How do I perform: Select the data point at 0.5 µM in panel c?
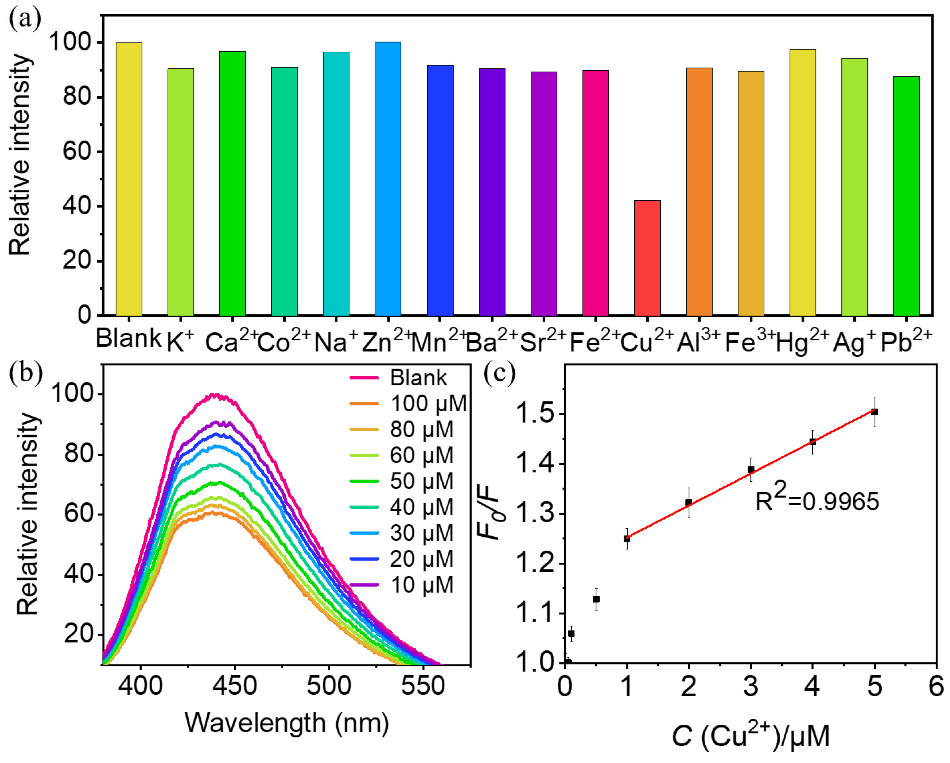[596, 599]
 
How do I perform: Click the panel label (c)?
[499, 374]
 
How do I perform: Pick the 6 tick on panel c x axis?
[936, 686]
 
